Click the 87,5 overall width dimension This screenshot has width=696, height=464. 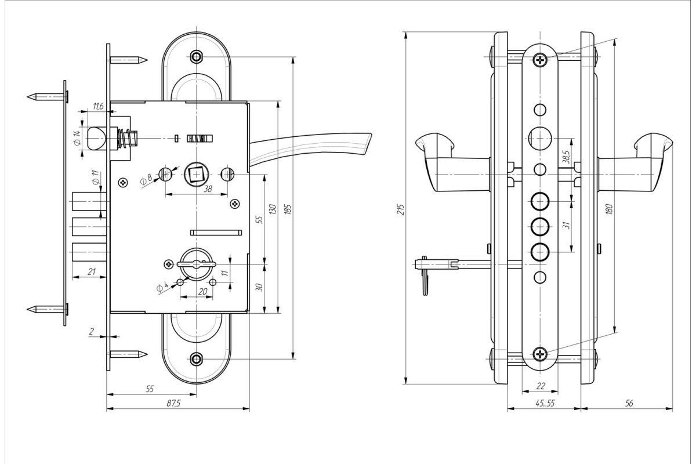point(173,404)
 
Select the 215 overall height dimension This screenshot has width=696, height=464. point(401,209)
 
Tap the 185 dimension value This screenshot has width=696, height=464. point(288,209)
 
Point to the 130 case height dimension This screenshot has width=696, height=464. point(273,209)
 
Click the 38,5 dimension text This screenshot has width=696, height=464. point(566,157)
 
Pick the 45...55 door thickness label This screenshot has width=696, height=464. point(545,404)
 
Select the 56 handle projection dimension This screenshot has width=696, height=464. point(629,404)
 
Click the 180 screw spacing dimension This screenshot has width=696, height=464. point(609,209)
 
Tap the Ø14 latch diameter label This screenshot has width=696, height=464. point(77,138)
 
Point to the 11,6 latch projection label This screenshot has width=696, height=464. point(98,106)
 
